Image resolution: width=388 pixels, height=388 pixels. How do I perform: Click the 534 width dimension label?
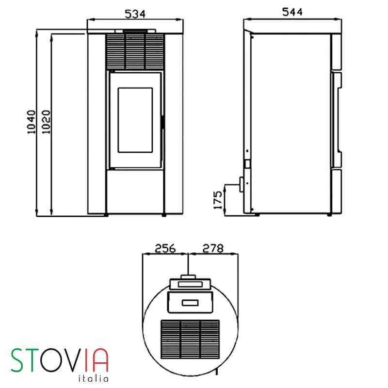[x=135, y=14]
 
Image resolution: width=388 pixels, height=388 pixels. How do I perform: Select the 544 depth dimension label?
[x=293, y=13]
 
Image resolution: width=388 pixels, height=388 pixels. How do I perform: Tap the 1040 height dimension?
[x=32, y=122]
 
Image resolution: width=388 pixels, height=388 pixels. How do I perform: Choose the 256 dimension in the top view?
[x=165, y=248]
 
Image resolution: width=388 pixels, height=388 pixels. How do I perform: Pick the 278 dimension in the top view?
[x=212, y=248]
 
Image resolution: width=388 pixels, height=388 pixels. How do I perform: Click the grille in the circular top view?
[x=190, y=339]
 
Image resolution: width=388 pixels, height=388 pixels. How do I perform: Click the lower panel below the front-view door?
[x=135, y=191]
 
